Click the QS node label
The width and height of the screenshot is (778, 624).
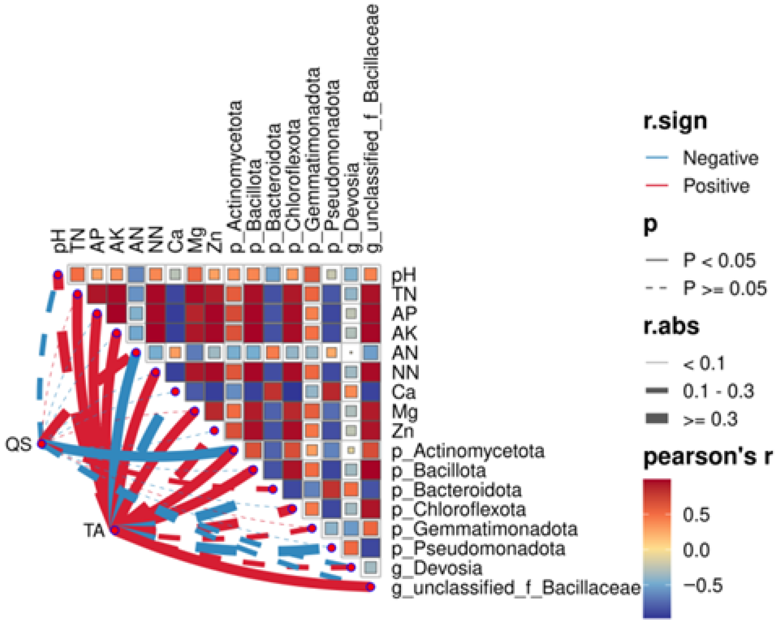(18, 444)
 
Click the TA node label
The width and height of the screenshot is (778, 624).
(94, 531)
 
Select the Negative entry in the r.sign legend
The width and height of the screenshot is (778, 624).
(720, 158)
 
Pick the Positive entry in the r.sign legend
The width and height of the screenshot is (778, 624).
(716, 186)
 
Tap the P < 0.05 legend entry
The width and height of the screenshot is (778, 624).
(719, 260)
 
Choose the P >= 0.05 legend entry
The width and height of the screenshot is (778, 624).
(725, 288)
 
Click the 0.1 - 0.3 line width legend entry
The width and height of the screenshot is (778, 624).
(718, 391)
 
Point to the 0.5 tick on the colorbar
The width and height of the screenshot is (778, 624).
(696, 515)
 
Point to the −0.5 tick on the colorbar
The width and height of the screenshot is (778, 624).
(702, 585)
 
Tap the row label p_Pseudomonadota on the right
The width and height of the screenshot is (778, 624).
(478, 549)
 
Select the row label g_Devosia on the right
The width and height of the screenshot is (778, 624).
(437, 568)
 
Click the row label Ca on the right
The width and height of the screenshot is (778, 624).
(403, 392)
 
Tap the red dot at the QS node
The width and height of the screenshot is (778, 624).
(41, 444)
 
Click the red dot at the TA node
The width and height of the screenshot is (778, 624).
(115, 530)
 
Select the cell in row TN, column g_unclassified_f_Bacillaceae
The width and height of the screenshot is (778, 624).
(371, 294)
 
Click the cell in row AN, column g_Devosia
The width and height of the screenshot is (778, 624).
(351, 353)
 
